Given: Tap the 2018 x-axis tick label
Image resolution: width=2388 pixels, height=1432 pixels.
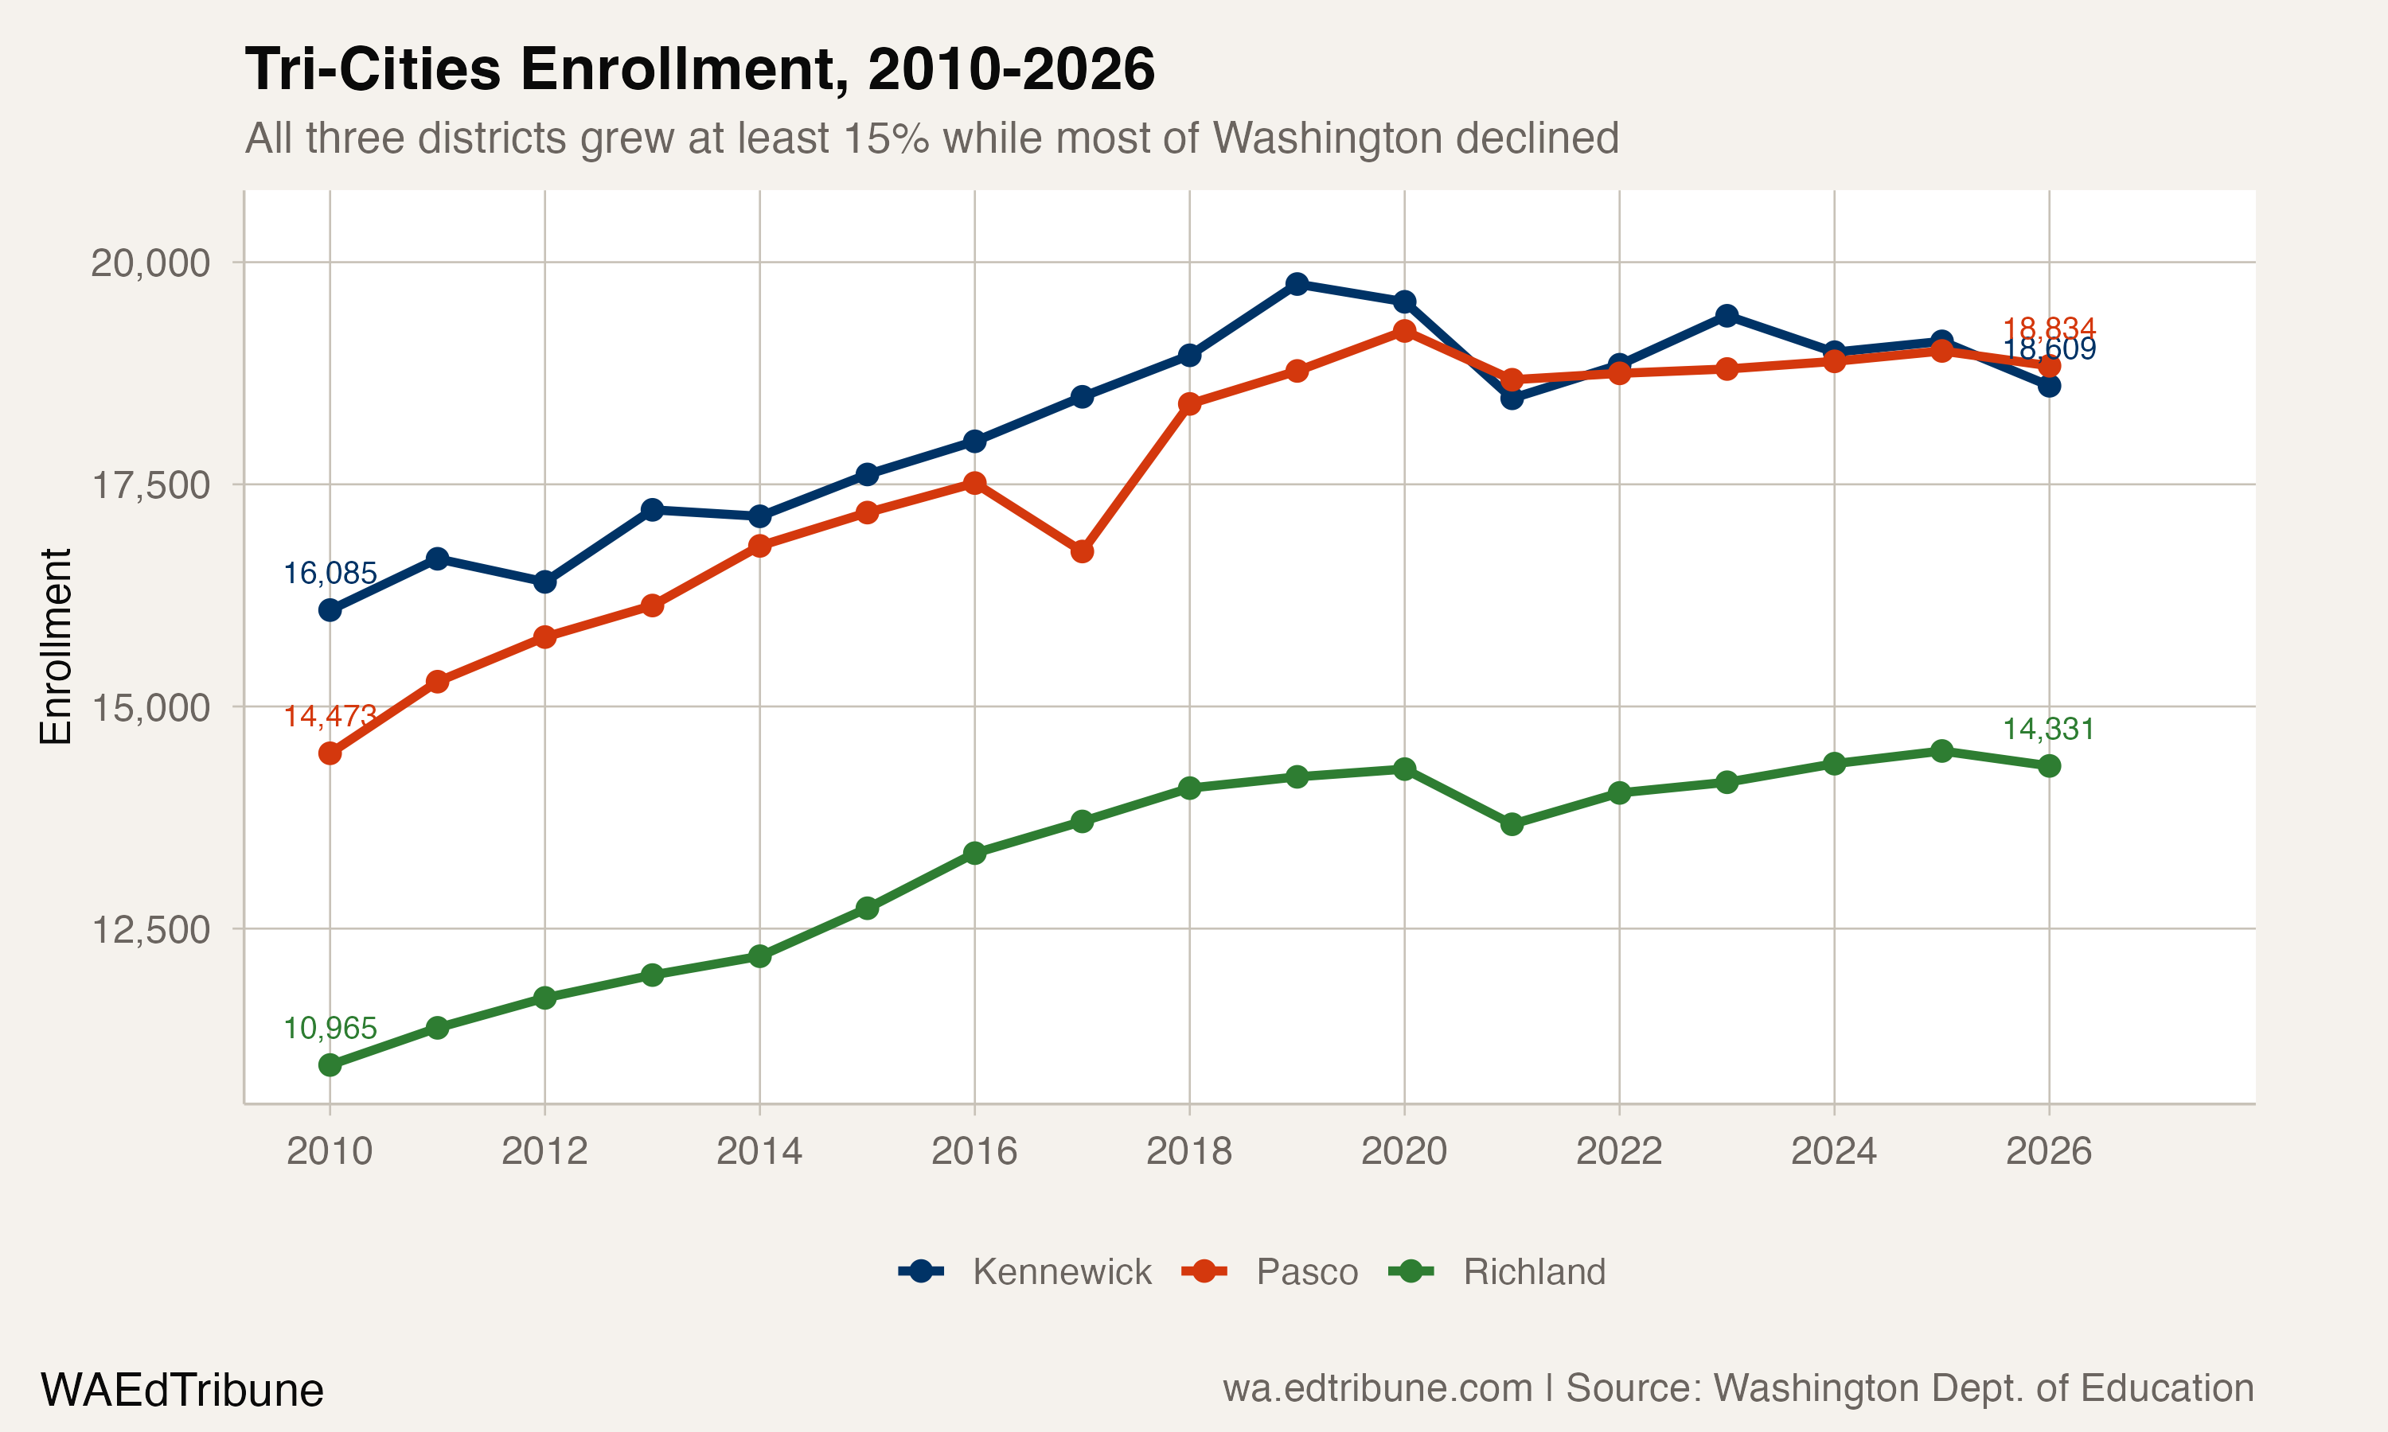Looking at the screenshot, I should coord(1188,1151).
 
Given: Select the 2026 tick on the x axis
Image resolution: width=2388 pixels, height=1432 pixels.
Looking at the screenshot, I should coord(2048,1151).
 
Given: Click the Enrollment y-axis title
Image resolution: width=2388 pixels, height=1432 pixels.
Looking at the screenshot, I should coord(56,647).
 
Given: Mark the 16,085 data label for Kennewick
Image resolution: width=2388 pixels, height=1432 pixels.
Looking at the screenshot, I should coord(330,573).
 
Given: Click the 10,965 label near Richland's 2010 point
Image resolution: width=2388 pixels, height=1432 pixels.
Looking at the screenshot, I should coord(330,1029).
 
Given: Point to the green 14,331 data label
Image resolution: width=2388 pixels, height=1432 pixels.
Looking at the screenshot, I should coord(2048,730).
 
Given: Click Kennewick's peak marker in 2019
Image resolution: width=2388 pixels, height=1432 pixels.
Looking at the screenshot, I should coord(1297,284).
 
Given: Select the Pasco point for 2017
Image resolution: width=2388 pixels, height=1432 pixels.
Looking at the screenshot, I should coord(1082,551).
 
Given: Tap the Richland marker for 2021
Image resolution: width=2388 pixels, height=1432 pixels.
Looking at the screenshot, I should coord(1512,824).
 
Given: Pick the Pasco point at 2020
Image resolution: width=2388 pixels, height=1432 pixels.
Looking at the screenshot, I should coord(1403,331).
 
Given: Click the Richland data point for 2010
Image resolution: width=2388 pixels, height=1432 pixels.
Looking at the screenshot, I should coord(330,1065).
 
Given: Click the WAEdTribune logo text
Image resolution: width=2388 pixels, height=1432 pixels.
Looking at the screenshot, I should coord(181,1391).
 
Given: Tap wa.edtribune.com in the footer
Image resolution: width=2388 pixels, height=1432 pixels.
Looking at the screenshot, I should coord(1377,1388).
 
